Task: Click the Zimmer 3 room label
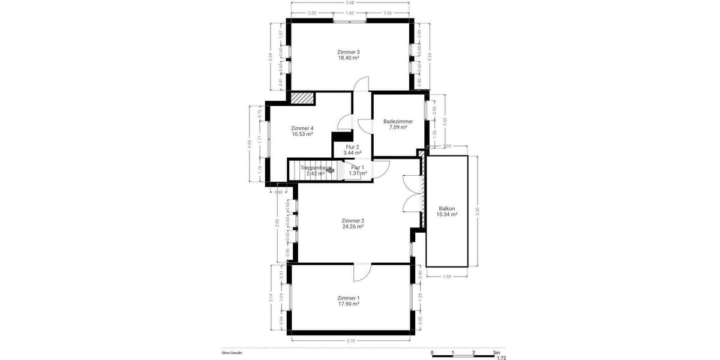[349, 52]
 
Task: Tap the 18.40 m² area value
[349, 58]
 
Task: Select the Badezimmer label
[398, 121]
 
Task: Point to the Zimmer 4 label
[302, 128]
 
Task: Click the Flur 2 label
[352, 147]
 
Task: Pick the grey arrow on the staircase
[329, 170]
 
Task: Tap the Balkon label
[446, 208]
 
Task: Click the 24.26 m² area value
[353, 226]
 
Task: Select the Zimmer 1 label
[349, 298]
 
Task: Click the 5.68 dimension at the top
[349, 3]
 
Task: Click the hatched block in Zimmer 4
[303, 98]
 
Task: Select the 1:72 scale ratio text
[501, 358]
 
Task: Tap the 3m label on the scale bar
[496, 352]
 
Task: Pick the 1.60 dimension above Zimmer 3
[350, 13]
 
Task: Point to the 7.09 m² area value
[398, 127]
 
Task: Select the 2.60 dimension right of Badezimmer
[444, 120]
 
